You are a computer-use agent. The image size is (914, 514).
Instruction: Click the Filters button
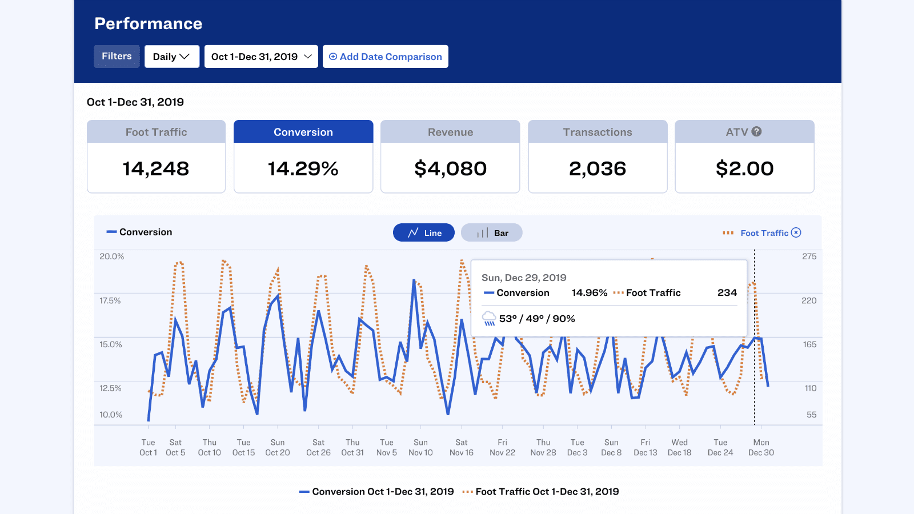(x=117, y=57)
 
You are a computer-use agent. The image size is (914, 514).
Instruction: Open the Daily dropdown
(x=171, y=57)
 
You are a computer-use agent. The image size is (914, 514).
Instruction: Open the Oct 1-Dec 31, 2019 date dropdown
(x=261, y=57)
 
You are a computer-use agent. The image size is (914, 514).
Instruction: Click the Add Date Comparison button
(x=386, y=57)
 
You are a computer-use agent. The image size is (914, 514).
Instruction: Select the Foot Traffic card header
(x=156, y=132)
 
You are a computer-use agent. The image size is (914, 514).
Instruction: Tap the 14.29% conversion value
(x=303, y=168)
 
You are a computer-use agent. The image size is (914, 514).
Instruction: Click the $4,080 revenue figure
(x=450, y=168)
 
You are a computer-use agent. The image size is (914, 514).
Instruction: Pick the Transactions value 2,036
(x=598, y=168)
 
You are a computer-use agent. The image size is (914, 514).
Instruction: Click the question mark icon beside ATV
(x=756, y=131)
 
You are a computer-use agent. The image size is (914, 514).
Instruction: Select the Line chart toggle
(x=424, y=232)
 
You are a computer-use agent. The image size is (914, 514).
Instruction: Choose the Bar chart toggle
(x=492, y=232)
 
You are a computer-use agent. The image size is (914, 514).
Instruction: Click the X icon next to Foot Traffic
(x=796, y=232)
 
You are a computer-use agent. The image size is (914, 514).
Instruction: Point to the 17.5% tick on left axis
(x=110, y=300)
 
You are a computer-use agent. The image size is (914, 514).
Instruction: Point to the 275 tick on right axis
(x=809, y=256)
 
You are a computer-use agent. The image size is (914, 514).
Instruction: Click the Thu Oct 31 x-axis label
(x=352, y=447)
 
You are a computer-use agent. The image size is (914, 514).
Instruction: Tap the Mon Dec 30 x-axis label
(x=761, y=447)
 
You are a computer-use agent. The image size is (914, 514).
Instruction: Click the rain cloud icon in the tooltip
(x=489, y=319)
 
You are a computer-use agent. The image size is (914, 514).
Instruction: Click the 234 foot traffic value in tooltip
(x=727, y=292)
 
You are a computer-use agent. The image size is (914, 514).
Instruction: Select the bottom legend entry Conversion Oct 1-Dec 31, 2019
(x=377, y=492)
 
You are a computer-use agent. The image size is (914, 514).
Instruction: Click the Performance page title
(x=149, y=23)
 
